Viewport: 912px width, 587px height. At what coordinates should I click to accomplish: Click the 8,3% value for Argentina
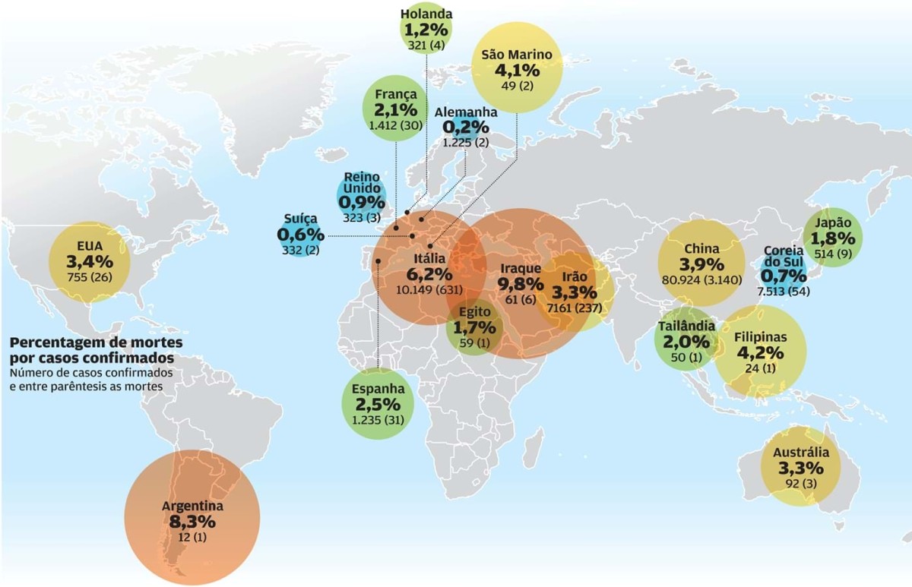192,522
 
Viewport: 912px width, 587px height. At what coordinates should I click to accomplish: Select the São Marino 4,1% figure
517,71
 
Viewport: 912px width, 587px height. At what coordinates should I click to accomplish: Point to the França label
395,94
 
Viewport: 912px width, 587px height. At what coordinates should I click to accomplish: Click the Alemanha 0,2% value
466,127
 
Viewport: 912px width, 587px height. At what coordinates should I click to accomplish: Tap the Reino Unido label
361,182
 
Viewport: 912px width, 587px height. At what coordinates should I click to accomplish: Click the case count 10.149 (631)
431,289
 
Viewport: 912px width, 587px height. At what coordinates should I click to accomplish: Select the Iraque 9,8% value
521,284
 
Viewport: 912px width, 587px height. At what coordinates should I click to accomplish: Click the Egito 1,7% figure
474,328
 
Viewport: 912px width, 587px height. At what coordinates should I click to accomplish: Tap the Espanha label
378,389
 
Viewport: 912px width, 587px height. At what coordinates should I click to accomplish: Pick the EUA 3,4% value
89,262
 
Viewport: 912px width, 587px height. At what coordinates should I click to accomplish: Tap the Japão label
831,223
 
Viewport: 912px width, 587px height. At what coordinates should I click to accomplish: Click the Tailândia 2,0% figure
685,342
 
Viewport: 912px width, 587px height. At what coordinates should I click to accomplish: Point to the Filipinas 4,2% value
759,352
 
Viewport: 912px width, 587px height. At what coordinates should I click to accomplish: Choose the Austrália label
800,453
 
